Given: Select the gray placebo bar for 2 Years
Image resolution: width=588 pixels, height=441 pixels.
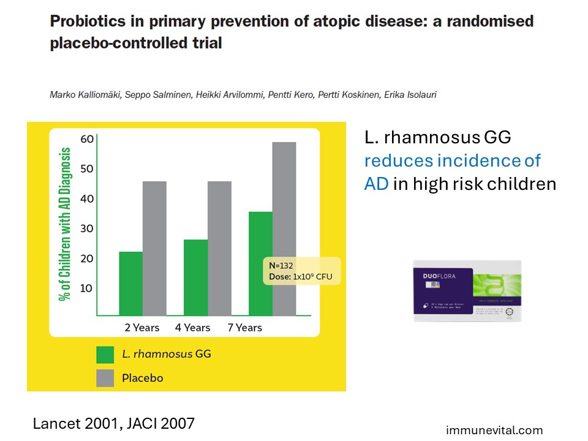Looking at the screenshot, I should coord(154,248).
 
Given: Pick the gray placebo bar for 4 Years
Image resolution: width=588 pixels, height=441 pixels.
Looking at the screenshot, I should coord(219,248).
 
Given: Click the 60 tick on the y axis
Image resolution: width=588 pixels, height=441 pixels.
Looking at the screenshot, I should coord(87,139).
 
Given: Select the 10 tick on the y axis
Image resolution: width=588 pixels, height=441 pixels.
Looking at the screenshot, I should coord(87,288).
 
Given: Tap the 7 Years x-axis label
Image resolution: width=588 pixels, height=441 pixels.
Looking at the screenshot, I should coord(245,328).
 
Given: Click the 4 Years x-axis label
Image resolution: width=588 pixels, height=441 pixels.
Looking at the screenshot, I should coord(193,328).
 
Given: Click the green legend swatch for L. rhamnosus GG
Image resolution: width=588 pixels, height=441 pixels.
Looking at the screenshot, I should coord(105,355).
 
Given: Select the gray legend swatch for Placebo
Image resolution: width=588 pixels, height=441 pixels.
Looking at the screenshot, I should coord(105,378).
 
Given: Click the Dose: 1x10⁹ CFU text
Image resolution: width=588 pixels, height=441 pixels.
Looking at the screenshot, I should coord(300,276).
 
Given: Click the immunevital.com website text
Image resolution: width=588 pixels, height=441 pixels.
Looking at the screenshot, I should coord(494,431).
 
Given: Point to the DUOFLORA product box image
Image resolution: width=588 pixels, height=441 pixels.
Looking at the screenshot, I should coord(467,291).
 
